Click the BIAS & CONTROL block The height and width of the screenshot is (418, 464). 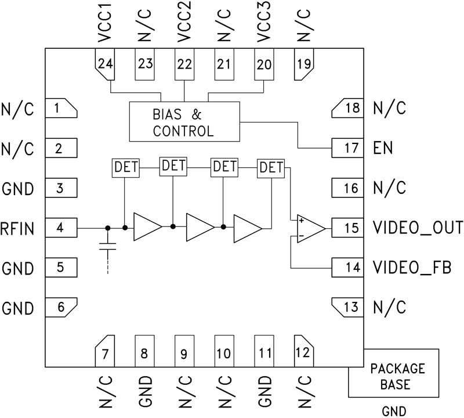[x=184, y=121]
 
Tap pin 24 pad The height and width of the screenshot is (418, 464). [x=105, y=64]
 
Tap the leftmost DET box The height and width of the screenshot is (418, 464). [x=125, y=169]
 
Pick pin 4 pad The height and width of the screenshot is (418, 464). [x=60, y=228]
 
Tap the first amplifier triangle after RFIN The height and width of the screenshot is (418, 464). [x=147, y=227]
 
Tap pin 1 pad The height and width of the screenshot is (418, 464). [x=60, y=107]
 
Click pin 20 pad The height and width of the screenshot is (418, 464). [x=264, y=64]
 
